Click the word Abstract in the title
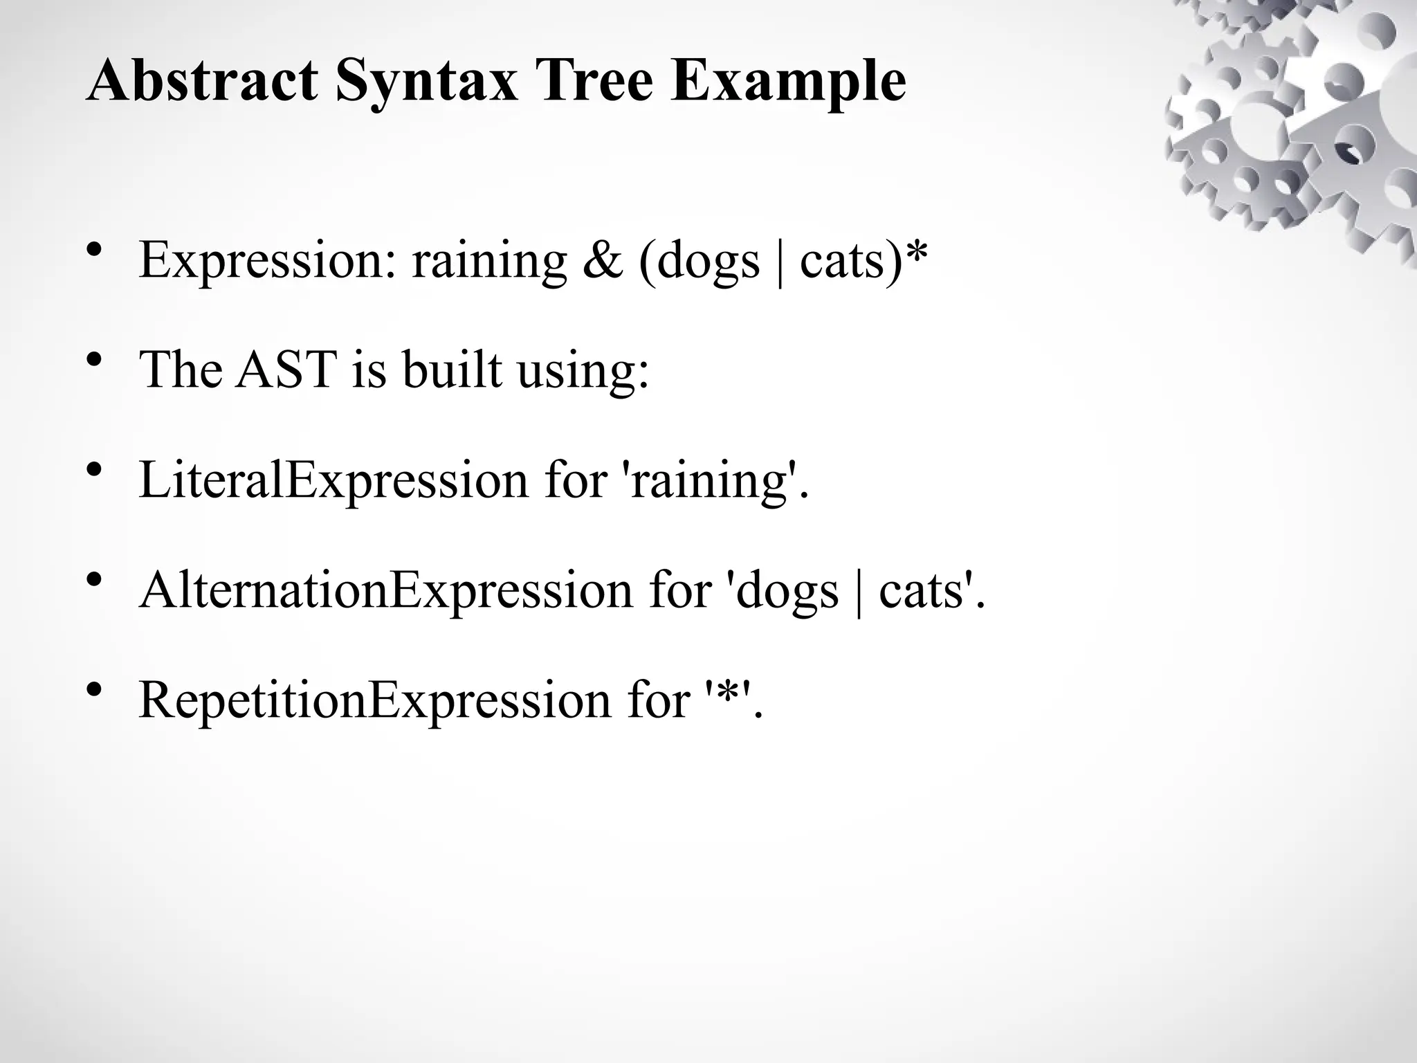(x=202, y=82)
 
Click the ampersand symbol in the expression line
(x=603, y=260)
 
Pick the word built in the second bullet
(x=452, y=370)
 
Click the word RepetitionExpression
(x=374, y=700)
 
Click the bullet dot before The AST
(x=95, y=361)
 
